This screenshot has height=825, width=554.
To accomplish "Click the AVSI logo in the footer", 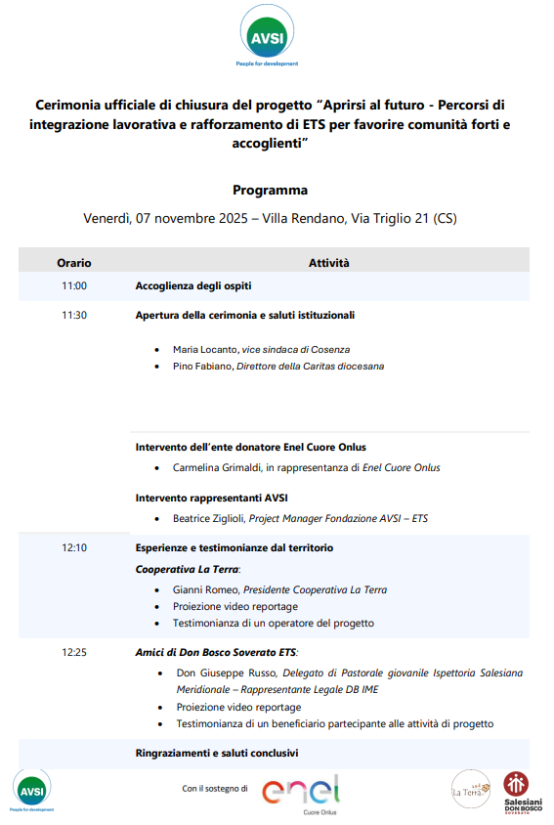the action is [32, 789].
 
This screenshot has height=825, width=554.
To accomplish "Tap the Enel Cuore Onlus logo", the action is [301, 790].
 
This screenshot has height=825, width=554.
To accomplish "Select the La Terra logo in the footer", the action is [470, 789].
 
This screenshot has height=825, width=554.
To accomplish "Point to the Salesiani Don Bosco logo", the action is [517, 791].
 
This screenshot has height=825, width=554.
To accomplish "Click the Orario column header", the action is [74, 263].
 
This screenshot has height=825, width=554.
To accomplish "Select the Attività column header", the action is [329, 263].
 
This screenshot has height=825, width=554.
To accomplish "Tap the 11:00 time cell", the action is [74, 286].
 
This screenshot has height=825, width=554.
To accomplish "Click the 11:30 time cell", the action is [74, 316].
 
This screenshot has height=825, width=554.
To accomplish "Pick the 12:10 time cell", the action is [74, 548].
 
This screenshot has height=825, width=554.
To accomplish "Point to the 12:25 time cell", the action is [74, 652].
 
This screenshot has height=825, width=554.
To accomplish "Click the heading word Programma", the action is [270, 190].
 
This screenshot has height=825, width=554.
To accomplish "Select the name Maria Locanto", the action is [204, 349].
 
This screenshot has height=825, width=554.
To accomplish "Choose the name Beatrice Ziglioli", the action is [209, 519].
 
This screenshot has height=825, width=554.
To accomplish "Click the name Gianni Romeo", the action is [205, 589].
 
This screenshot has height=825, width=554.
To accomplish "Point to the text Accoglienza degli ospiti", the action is [193, 286].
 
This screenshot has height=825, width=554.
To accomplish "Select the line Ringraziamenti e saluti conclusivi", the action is [217, 754].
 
